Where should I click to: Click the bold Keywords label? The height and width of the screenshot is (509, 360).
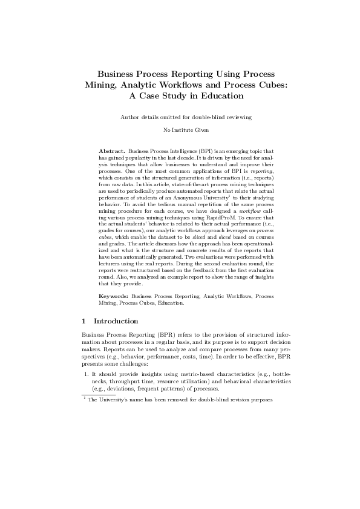[114, 296]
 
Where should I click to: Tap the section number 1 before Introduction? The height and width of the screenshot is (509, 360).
[83, 321]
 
